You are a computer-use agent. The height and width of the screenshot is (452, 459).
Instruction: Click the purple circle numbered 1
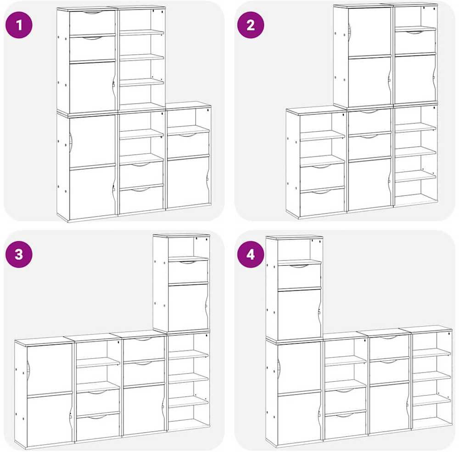click(19, 25)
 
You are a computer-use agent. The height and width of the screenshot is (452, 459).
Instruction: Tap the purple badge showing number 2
click(251, 25)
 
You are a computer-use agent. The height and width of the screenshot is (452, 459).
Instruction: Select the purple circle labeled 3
click(19, 254)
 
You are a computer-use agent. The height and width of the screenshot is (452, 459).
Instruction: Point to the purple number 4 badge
click(251, 254)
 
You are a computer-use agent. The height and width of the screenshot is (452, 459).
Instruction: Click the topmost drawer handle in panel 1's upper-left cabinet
click(92, 12)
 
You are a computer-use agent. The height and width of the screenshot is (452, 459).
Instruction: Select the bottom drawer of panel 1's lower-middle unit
click(141, 199)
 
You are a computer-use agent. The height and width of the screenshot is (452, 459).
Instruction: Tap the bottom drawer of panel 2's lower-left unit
click(322, 203)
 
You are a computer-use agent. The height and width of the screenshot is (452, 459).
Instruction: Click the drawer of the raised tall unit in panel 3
click(188, 272)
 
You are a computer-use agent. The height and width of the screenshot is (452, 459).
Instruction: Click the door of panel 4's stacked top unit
click(299, 314)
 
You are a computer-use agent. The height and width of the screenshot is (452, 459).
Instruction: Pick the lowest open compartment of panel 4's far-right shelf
click(432, 413)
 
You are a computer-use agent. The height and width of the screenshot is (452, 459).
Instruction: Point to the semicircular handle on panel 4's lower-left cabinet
click(279, 366)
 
